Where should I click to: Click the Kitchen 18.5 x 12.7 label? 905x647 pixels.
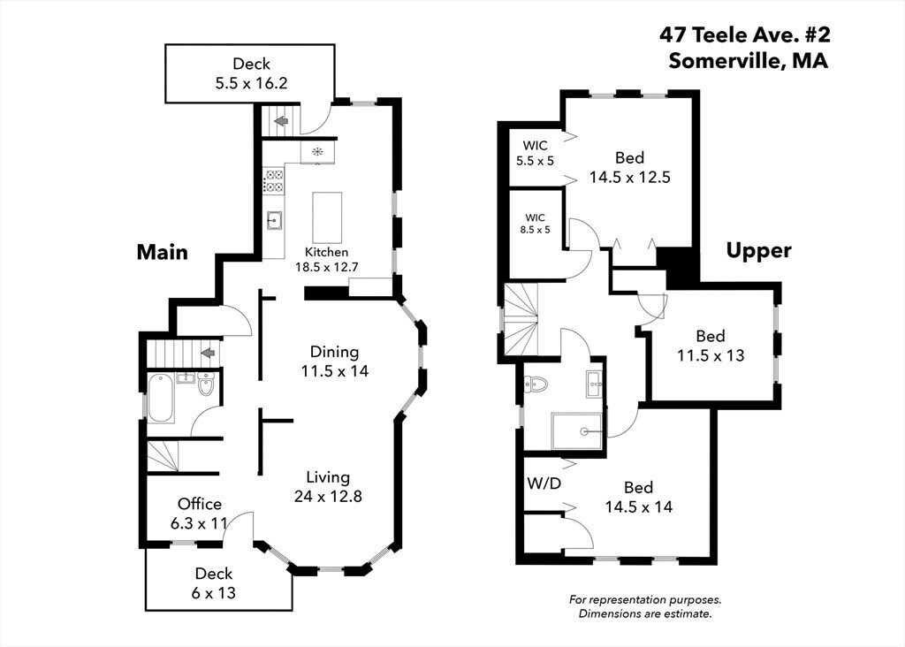pos(327,260)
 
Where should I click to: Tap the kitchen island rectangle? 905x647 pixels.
pos(327,217)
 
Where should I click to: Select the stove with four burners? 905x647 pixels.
pos(274,180)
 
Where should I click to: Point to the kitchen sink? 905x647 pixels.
pos(274,220)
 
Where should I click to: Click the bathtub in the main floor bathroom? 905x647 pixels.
pos(161,399)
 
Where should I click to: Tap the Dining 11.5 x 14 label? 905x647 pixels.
pos(334,362)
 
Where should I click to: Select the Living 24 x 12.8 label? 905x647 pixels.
pos(328,486)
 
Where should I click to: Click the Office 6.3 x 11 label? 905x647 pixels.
pos(199,514)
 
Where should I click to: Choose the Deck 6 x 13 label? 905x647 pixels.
pos(214,583)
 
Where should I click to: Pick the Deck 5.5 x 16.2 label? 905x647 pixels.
pos(251,73)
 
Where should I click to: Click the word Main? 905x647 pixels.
pos(163,252)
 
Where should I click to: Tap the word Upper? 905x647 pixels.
pos(758,250)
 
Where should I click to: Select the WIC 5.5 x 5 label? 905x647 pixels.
pos(535,153)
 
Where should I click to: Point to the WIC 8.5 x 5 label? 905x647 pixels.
pos(535,224)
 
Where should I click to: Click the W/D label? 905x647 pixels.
pos(544,483)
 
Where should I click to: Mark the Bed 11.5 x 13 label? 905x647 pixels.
pos(711,345)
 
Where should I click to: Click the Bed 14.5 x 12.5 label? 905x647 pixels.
pos(629,167)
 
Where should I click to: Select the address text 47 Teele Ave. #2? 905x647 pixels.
pos(745,35)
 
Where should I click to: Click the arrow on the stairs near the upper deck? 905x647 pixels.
pos(281,121)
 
